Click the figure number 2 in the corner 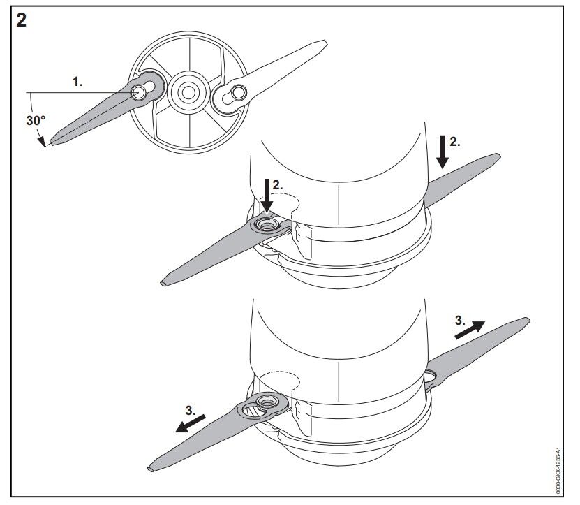[22, 20]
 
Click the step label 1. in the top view [77, 82]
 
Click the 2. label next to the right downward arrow [454, 142]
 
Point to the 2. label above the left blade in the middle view [277, 185]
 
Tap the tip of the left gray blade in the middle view [165, 284]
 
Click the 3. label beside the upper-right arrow [459, 321]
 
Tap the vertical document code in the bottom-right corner [556, 472]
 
